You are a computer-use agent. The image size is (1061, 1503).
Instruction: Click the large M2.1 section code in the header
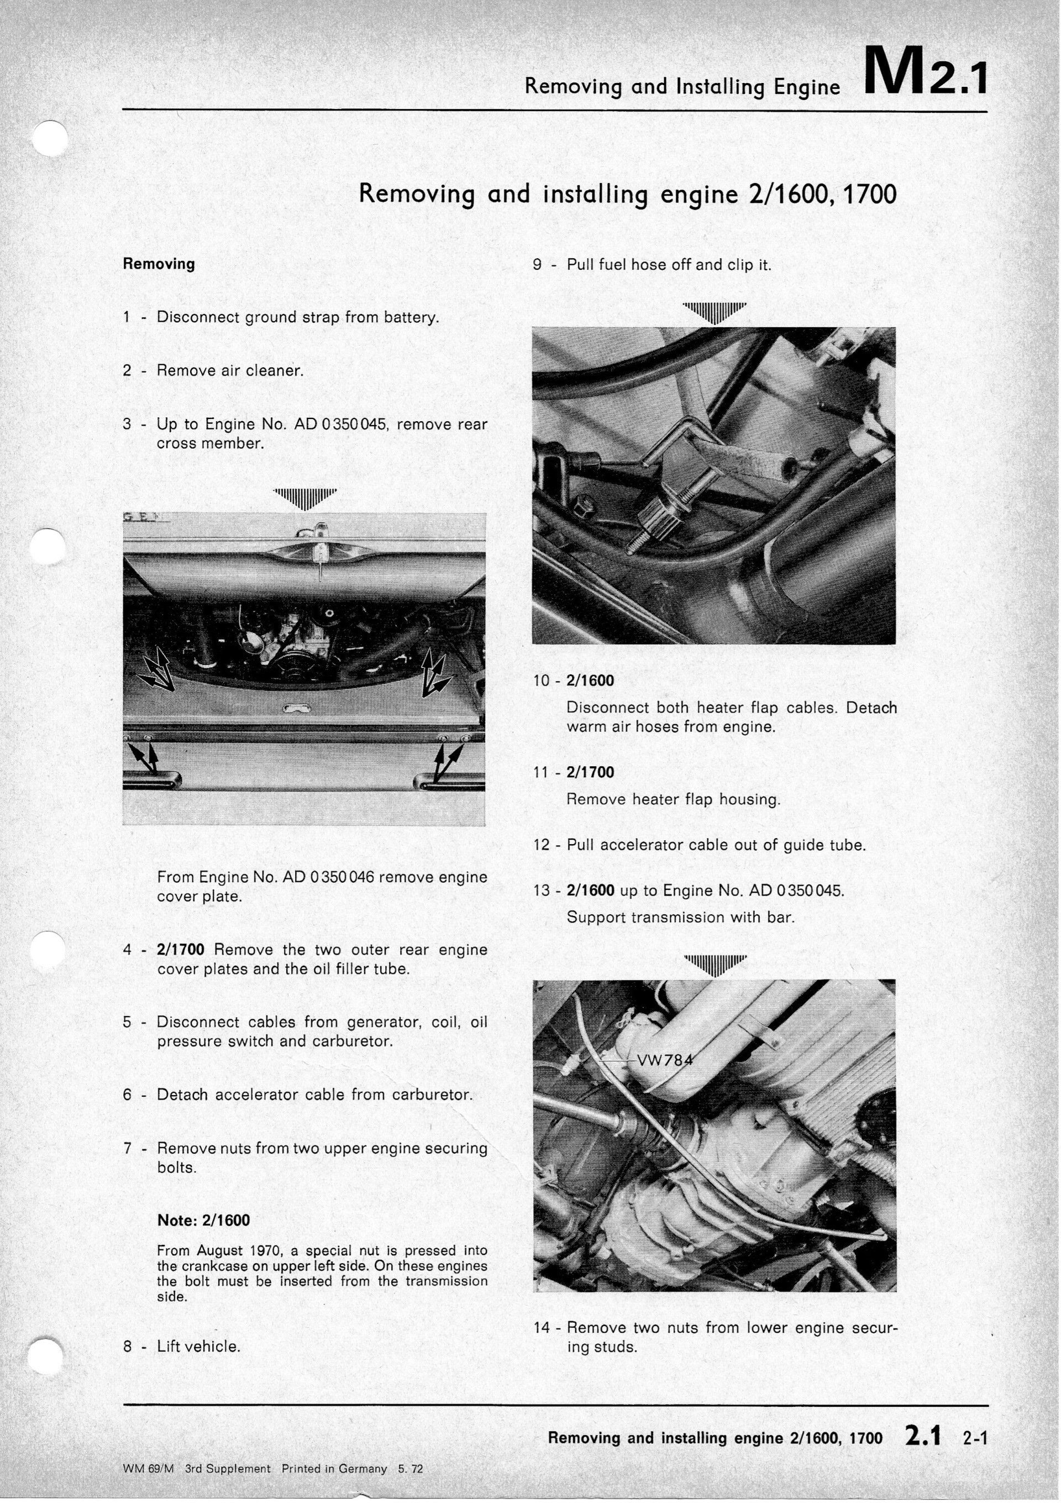pos(924,71)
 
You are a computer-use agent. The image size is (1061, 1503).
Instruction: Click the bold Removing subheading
pos(159,264)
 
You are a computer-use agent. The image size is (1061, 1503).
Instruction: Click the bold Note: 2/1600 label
pos(203,1220)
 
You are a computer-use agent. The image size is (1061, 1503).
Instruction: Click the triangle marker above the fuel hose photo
pos(714,312)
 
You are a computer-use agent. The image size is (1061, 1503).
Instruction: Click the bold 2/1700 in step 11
pos(590,772)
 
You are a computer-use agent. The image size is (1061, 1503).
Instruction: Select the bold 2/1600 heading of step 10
pos(590,681)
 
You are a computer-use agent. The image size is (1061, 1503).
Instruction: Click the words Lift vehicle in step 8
pos(198,1346)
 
